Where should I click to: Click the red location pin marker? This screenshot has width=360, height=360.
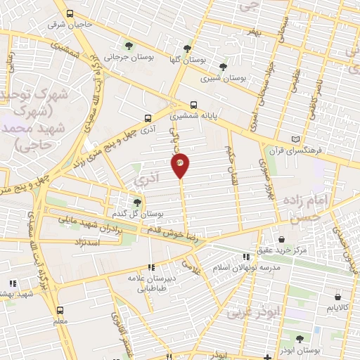pos(181,165)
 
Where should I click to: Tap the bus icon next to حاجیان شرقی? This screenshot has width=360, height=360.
pos(70,13)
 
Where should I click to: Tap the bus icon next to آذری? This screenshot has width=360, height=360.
pos(148,118)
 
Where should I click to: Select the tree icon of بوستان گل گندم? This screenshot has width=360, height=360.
pos(137,201)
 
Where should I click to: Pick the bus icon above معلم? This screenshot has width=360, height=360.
pos(59,309)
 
